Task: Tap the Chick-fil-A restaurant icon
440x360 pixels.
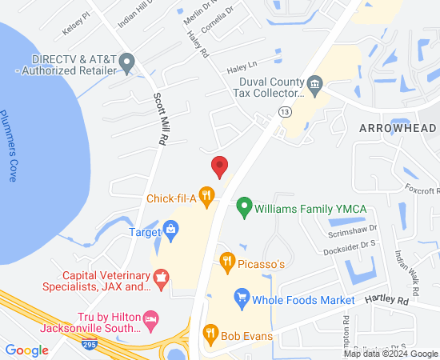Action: (x=207, y=194)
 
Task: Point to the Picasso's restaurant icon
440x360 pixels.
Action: (x=227, y=260)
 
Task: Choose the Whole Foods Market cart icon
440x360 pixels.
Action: (x=241, y=299)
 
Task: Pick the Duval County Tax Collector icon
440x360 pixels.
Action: (x=314, y=83)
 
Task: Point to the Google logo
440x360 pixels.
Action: (x=26, y=350)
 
